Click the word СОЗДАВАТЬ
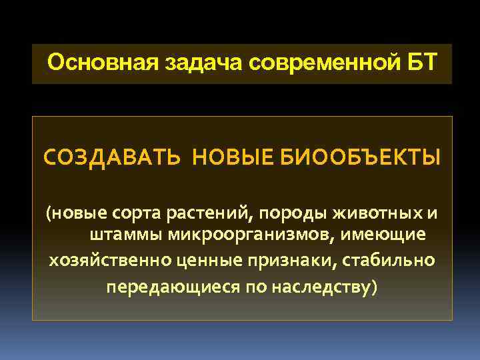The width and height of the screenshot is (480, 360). pyautogui.click(x=111, y=159)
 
